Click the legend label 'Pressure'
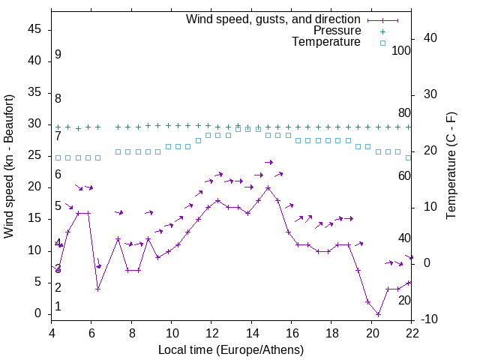point(337,31)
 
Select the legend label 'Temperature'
point(326,43)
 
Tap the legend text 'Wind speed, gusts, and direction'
point(274,19)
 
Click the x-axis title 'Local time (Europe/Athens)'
point(231,350)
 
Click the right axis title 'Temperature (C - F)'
point(451,166)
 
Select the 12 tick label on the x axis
point(211,332)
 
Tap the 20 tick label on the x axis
point(372,332)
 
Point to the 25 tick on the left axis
point(34,156)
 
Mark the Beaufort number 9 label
point(58,55)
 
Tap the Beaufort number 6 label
point(58,175)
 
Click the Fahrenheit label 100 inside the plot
point(402,50)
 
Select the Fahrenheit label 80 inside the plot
point(404,113)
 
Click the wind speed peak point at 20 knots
point(268,187)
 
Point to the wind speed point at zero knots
point(378,314)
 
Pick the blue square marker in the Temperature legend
point(382,43)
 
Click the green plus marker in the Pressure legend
point(382,31)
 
